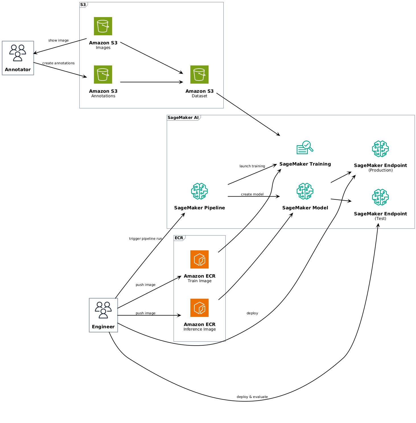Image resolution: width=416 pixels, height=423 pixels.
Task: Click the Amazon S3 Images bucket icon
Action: coord(103,26)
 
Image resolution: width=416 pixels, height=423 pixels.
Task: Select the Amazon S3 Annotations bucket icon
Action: coord(103,75)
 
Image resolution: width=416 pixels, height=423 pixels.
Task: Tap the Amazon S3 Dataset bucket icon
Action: coord(199,75)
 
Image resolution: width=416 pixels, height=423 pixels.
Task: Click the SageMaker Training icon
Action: coord(305,148)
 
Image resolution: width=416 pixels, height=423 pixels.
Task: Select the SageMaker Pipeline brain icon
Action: coord(199,191)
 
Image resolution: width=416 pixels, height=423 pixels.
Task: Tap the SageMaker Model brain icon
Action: coord(305,191)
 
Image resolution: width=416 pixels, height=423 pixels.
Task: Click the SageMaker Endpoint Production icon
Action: coord(380,149)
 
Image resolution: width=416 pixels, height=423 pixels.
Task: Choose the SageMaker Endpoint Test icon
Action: coord(380,197)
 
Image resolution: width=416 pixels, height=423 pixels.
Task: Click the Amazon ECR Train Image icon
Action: coord(199,259)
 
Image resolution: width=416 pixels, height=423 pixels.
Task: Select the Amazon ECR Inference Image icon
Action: coord(199,308)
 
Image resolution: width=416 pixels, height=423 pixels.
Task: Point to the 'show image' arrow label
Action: coord(58,40)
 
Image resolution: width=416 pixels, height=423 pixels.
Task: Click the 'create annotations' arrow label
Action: coord(58,63)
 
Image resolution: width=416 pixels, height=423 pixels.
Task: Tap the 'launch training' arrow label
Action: coord(252,166)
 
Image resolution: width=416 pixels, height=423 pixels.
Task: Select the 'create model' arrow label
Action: coord(252,194)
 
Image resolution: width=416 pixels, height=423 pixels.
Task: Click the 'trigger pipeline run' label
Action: coord(145,239)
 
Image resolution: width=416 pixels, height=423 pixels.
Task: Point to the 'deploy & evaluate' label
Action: coord(252,397)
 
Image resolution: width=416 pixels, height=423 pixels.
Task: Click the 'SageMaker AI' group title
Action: coord(183,118)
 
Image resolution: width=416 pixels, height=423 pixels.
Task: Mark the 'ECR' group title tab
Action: coord(179,238)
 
